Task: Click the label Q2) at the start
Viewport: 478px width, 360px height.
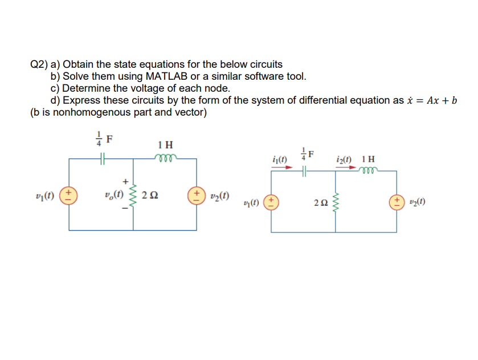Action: click(x=39, y=64)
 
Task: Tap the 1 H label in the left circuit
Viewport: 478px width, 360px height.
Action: click(x=165, y=145)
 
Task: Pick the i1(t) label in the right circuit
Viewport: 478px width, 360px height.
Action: click(x=280, y=157)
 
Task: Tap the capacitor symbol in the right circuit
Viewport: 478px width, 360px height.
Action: click(x=305, y=170)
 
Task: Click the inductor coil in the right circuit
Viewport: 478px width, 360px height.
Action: click(x=367, y=169)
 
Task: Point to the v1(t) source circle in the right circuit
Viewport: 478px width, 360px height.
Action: click(x=271, y=202)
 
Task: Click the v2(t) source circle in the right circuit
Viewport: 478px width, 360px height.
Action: click(x=397, y=202)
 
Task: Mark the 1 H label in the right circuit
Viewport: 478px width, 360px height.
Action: click(x=368, y=158)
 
